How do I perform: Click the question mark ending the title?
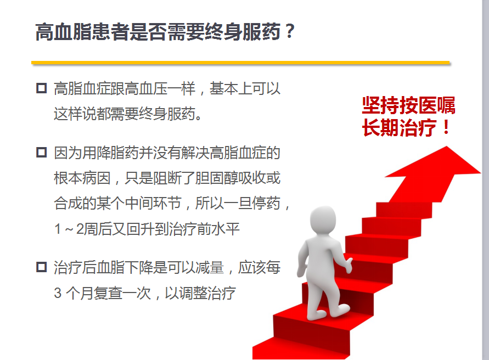[x=290, y=31]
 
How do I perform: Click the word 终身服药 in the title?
[x=243, y=32]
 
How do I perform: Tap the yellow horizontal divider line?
[x=240, y=63]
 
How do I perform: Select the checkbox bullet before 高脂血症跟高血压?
[x=42, y=88]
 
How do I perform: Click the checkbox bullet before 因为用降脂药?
[x=42, y=153]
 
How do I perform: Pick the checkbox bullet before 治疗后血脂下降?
[x=42, y=267]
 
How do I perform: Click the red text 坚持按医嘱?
[x=408, y=105]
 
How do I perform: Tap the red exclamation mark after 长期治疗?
[x=446, y=127]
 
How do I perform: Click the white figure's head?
[x=323, y=221]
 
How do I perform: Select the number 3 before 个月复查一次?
[x=58, y=293]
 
